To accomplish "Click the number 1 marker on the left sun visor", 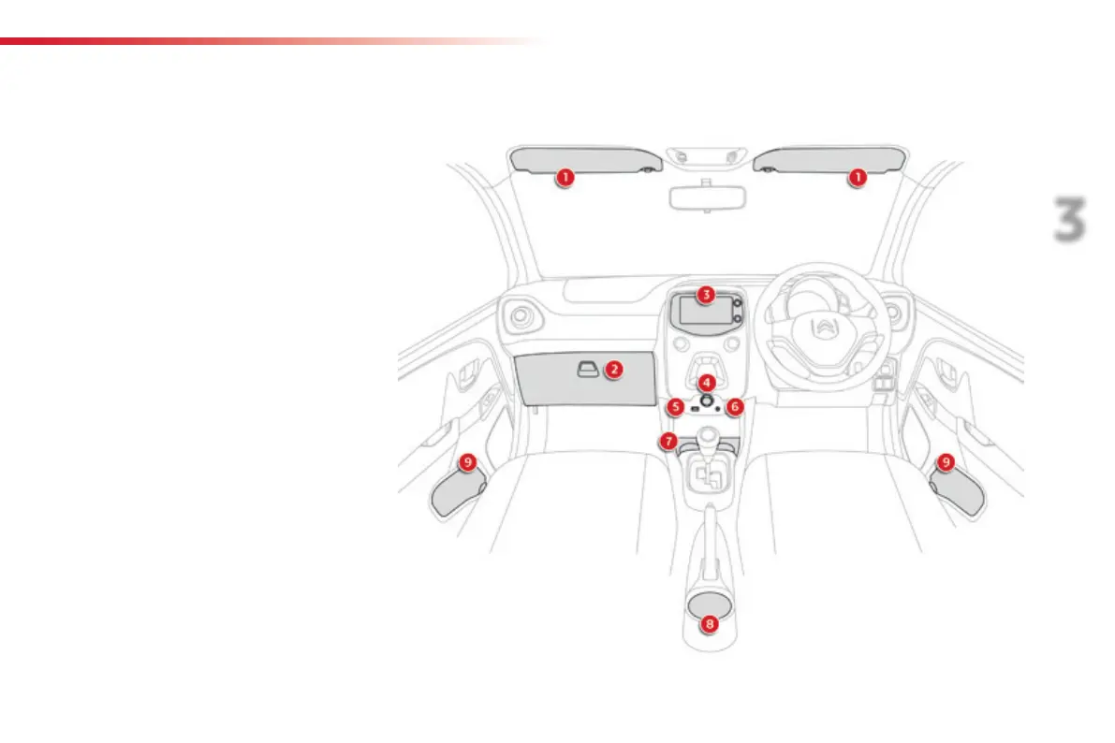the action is [564, 176].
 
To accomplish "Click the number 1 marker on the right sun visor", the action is [858, 176].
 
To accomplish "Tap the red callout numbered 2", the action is [612, 369].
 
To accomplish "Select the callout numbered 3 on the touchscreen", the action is [706, 294].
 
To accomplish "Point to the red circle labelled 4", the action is [707, 383].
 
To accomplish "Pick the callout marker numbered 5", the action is [677, 407].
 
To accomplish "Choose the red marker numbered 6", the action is [735, 407].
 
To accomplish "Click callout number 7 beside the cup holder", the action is [668, 440].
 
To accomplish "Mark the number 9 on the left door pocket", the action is [468, 461].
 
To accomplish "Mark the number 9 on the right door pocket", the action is [946, 461].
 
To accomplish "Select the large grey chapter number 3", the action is [1068, 220].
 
